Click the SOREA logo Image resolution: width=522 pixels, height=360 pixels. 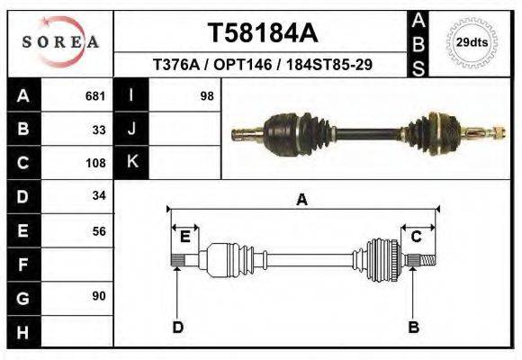pos(60,42)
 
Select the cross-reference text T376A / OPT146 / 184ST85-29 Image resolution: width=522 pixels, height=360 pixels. pos(263,66)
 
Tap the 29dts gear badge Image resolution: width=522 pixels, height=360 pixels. pos(472,42)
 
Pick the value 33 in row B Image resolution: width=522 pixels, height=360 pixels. pos(99,129)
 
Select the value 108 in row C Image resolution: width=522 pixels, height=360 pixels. pos(95,163)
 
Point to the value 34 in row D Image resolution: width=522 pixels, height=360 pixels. pos(99,195)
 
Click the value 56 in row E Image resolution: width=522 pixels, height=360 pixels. pos(99,230)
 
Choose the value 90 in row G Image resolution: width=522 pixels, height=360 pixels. pos(99,296)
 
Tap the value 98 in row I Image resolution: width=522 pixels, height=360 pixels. pos(206,95)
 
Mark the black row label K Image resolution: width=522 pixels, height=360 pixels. pos(132,162)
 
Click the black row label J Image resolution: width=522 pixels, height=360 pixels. pos(132,129)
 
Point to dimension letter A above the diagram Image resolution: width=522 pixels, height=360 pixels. pos(301,200)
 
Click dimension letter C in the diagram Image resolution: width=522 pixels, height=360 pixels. pos(417,237)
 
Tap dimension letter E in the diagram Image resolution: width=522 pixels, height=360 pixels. pos(184,237)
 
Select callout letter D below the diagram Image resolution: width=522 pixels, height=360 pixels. pos(177,326)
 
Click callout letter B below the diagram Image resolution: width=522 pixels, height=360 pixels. pos(413,326)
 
